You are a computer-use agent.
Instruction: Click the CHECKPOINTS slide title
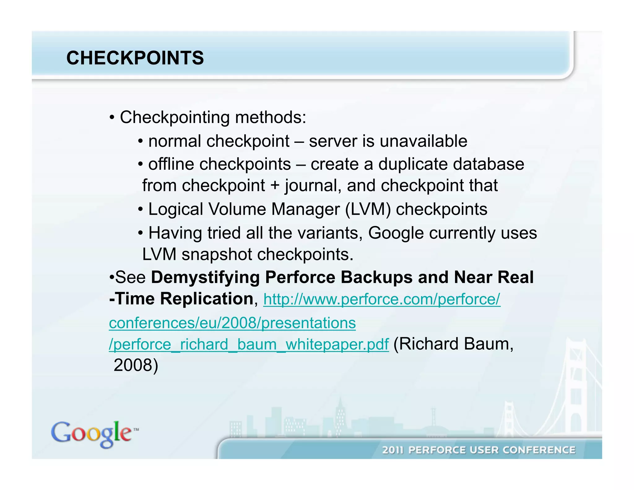(x=135, y=58)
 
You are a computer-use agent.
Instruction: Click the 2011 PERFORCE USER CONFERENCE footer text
(x=479, y=450)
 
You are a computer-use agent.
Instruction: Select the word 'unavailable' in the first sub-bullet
(x=423, y=141)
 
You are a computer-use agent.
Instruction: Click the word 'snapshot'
(x=217, y=255)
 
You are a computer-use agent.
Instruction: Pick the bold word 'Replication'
(x=207, y=299)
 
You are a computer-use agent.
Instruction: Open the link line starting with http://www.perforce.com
(x=381, y=299)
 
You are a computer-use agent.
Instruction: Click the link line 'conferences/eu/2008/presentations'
(x=232, y=323)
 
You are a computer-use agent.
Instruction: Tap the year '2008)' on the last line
(x=136, y=365)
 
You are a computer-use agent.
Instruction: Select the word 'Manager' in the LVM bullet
(x=305, y=209)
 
